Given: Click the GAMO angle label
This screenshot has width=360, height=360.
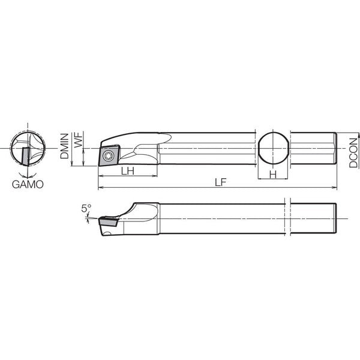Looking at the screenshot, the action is tap(28, 184).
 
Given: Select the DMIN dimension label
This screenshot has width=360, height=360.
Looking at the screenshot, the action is tap(65, 146).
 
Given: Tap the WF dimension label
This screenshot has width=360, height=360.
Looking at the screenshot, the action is tap(79, 140).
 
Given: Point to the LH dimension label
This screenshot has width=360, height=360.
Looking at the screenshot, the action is tap(128, 171).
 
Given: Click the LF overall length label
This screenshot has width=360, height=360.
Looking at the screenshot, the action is tap(220, 182).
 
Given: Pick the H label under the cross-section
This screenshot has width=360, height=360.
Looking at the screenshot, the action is tap(273, 175).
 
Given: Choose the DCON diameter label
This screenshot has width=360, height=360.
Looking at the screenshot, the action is tap(353, 152).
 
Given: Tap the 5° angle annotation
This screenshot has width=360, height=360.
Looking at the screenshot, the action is tap(86, 208).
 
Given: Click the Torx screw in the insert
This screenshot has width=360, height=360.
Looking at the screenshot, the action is tap(107, 156).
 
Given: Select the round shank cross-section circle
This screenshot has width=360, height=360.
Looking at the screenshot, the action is tap(258, 148).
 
